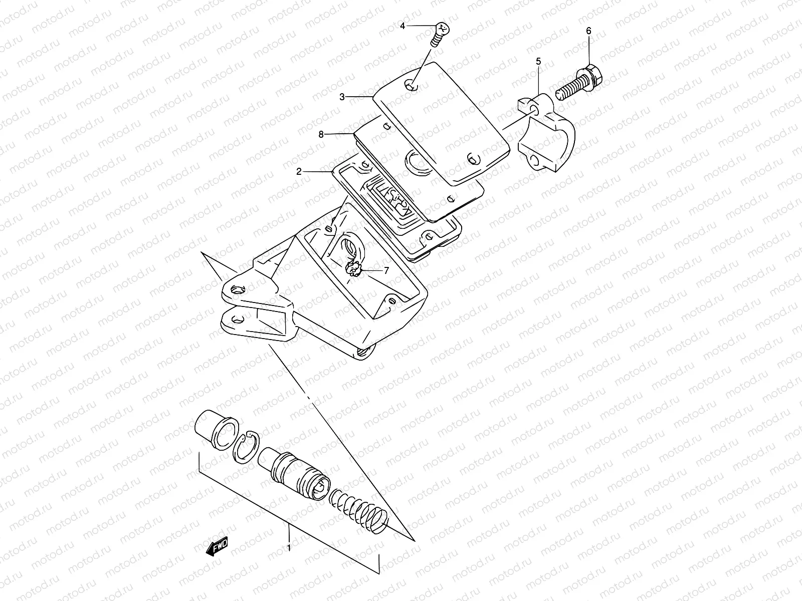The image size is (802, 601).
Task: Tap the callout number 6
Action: [x=588, y=31]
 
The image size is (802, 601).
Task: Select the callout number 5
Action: [x=538, y=62]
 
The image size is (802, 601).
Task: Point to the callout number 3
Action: [x=342, y=97]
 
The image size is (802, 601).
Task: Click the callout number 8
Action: [x=321, y=134]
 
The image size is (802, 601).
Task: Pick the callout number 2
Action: [x=299, y=171]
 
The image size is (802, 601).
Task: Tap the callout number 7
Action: [x=386, y=270]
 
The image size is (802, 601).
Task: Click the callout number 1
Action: [x=289, y=548]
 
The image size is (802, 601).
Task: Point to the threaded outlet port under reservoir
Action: [x=364, y=352]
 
